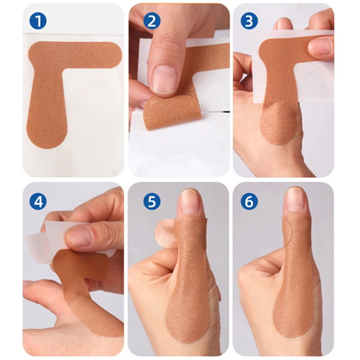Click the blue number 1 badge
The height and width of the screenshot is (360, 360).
(x=38, y=21)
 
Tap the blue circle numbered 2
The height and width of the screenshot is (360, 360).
(x=152, y=21)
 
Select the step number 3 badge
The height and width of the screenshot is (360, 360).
(x=249, y=21)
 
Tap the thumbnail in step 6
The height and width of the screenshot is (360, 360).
(x=295, y=201)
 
